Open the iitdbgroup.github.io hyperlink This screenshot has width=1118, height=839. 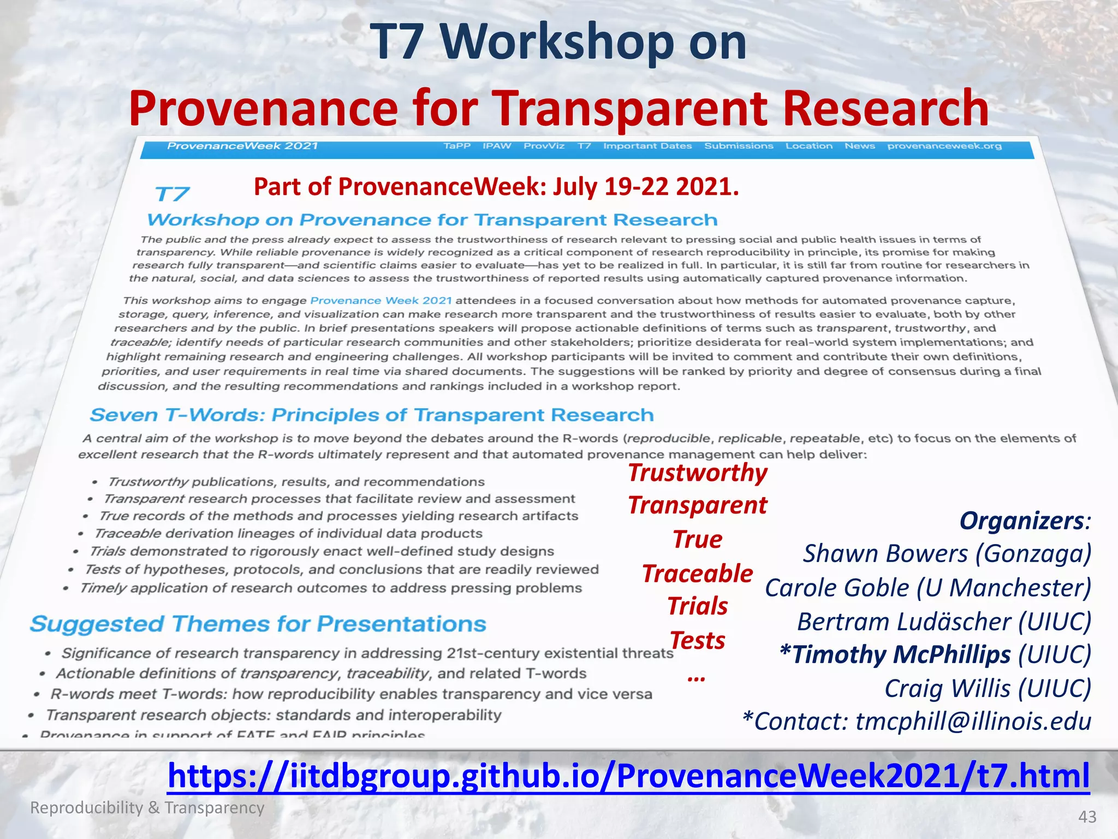(628, 776)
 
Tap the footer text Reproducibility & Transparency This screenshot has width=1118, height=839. (147, 807)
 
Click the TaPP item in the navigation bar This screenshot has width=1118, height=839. (457, 146)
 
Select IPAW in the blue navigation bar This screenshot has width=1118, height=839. (497, 146)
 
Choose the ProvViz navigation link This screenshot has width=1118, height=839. (544, 146)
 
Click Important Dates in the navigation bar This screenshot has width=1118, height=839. (647, 146)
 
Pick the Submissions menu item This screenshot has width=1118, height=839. (739, 146)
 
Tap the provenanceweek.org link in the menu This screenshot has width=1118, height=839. (944, 146)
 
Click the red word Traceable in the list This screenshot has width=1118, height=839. (697, 574)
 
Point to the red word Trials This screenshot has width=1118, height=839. (697, 606)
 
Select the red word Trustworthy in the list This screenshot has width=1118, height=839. (697, 472)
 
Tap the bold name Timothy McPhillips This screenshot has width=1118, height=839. (901, 654)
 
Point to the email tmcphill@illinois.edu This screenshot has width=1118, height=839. (973, 721)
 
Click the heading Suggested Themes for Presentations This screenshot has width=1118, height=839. (258, 624)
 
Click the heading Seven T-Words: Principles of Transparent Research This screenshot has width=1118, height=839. (371, 415)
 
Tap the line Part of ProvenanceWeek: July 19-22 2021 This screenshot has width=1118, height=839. (496, 187)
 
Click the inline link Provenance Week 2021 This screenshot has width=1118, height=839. (380, 300)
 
